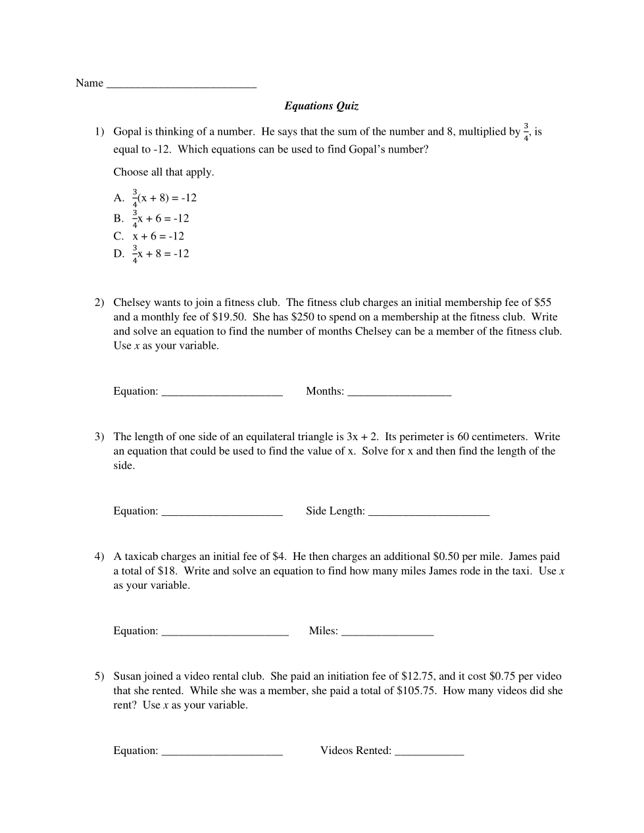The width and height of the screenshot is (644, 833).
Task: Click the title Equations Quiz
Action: [x=321, y=106]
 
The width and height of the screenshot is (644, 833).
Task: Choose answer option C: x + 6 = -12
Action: [x=158, y=236]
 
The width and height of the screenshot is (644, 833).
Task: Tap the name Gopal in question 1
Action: [x=128, y=132]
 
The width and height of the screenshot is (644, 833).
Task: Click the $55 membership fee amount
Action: [x=543, y=303]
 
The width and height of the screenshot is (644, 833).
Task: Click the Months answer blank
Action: [x=399, y=392]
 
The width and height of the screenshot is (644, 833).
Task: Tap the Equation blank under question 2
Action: [x=222, y=392]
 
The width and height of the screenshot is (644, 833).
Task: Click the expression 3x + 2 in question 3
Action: [x=362, y=437]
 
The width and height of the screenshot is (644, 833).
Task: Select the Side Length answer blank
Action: [x=428, y=512]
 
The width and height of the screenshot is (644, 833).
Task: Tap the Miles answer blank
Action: [x=387, y=632]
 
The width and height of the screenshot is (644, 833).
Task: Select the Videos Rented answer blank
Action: [x=429, y=751]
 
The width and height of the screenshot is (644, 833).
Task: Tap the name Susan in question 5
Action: [x=127, y=676]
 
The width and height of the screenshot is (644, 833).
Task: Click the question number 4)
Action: [x=99, y=557]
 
